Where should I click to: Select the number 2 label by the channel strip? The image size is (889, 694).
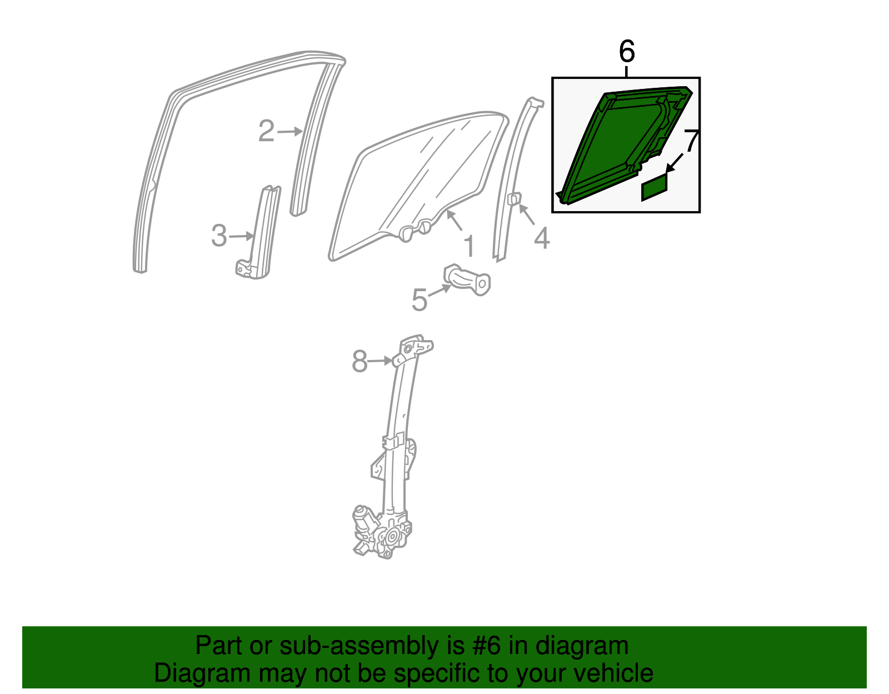[267, 131]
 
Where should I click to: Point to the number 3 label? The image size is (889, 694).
[219, 236]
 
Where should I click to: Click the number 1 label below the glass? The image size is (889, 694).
[470, 246]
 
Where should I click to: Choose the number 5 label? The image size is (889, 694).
[419, 300]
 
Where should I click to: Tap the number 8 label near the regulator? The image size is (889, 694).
[360, 361]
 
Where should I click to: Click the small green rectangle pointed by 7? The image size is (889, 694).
[654, 187]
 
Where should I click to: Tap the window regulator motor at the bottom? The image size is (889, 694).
[367, 525]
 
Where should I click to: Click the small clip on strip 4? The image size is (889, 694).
[514, 198]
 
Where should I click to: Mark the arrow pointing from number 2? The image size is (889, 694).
[289, 132]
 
